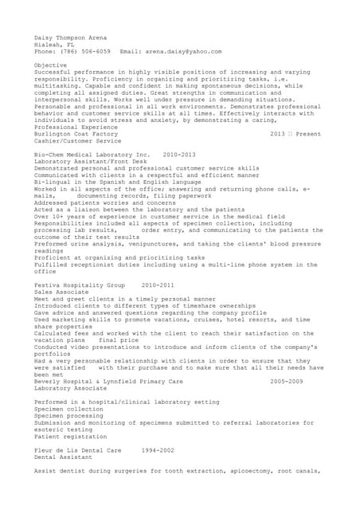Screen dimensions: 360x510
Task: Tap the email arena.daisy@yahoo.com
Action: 183,51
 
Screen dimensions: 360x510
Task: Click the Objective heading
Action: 51,65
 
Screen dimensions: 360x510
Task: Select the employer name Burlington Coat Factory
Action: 76,134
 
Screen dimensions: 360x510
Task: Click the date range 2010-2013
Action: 178,155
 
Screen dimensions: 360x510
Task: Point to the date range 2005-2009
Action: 287,382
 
